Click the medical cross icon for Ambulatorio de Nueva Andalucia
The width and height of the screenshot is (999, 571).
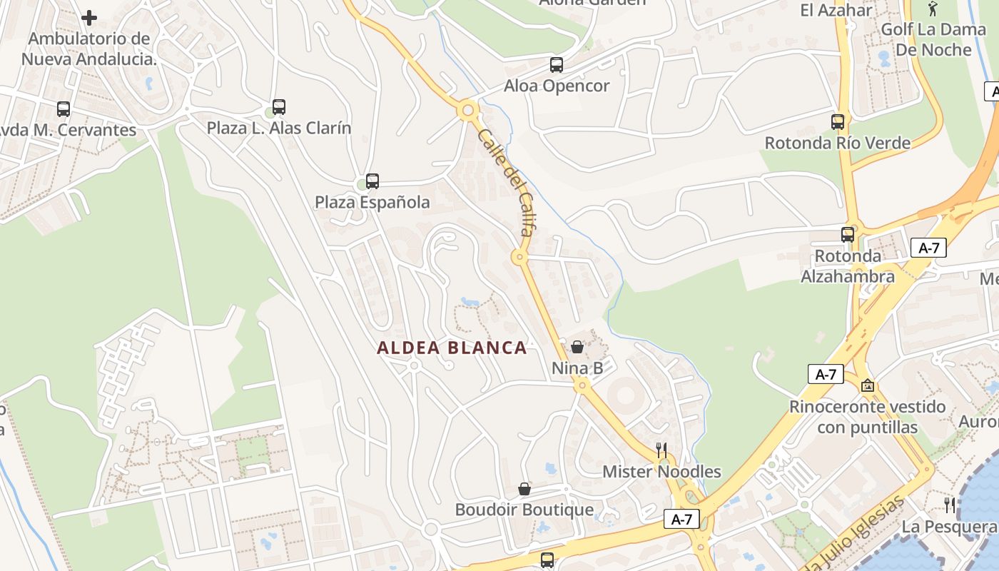89,17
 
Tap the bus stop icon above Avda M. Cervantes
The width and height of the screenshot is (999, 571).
64,109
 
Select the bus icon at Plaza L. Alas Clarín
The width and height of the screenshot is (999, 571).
279,107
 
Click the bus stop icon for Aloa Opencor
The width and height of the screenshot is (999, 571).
557,65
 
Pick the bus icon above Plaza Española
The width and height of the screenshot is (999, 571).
372,181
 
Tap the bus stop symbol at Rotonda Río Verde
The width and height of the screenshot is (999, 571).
838,122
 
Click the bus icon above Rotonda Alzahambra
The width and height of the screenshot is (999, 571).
848,235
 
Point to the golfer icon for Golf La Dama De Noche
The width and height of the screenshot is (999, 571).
932,9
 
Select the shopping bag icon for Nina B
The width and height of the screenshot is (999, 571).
577,347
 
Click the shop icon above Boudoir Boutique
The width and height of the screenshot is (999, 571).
524,489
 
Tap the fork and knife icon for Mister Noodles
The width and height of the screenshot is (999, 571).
661,450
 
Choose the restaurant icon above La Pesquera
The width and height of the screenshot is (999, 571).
950,505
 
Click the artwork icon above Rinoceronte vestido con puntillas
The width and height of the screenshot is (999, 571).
868,385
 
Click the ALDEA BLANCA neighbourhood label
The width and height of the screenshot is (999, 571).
452,348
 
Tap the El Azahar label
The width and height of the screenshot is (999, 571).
836,10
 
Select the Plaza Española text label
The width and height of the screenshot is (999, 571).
372,203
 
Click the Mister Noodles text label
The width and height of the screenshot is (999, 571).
661,472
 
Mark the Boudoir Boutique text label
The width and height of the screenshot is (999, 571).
524,510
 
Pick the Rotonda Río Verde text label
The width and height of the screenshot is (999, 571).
838,143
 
